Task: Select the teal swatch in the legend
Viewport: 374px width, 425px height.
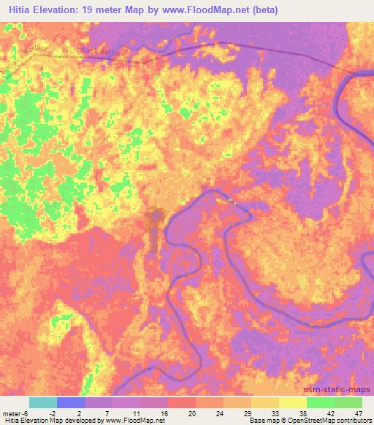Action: [43, 402]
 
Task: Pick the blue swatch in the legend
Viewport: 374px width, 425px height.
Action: [71, 402]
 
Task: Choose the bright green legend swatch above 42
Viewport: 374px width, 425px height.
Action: [321, 402]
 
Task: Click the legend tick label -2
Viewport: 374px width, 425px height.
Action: [56, 413]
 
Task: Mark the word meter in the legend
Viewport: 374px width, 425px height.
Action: [12, 413]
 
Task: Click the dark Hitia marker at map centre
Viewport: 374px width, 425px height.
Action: [153, 218]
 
